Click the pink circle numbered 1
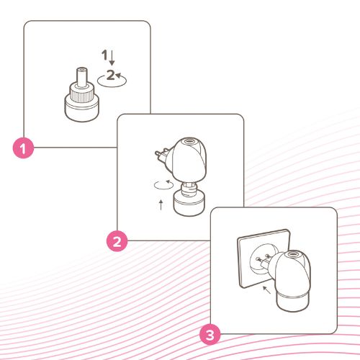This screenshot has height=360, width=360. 23,148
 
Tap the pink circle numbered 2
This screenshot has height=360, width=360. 117,241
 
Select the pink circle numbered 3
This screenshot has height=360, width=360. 210,334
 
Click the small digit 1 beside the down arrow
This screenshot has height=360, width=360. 104,55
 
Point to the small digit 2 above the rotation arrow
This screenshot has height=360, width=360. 111,75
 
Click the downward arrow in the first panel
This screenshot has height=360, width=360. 112,58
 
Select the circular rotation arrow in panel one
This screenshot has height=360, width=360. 112,81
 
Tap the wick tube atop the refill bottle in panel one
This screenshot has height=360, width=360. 82,76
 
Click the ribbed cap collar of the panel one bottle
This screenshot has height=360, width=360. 82,91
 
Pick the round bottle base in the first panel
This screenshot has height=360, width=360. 82,109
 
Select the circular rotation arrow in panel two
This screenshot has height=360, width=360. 163,185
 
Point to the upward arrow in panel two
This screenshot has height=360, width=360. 161,204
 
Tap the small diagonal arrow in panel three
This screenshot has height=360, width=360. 266,289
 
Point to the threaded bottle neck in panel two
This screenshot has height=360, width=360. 189,189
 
